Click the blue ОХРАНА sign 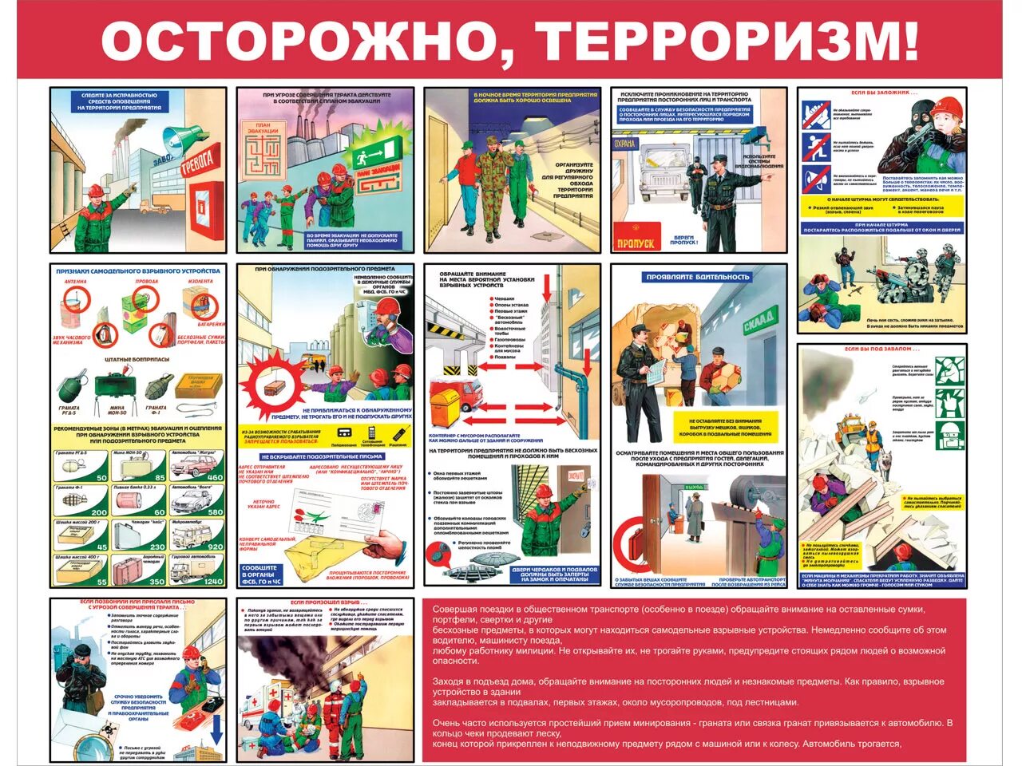(625, 144)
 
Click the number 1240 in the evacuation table (213, 581)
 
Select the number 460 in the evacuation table (215, 477)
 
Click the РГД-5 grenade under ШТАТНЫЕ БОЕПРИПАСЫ (71, 387)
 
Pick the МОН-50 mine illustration (113, 387)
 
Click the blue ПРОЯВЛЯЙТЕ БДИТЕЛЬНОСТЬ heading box (698, 277)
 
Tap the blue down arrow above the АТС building (216, 728)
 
